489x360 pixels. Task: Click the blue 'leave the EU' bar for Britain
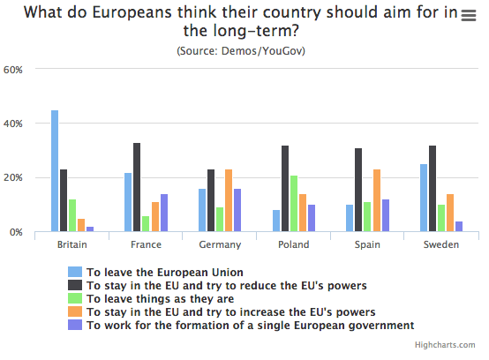55,171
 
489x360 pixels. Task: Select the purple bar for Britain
90,229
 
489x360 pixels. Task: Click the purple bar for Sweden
459,227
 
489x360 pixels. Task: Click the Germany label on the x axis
219,244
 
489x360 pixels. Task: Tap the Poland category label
293,244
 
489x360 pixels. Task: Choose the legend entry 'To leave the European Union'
164,272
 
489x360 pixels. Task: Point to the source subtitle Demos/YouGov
244,50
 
